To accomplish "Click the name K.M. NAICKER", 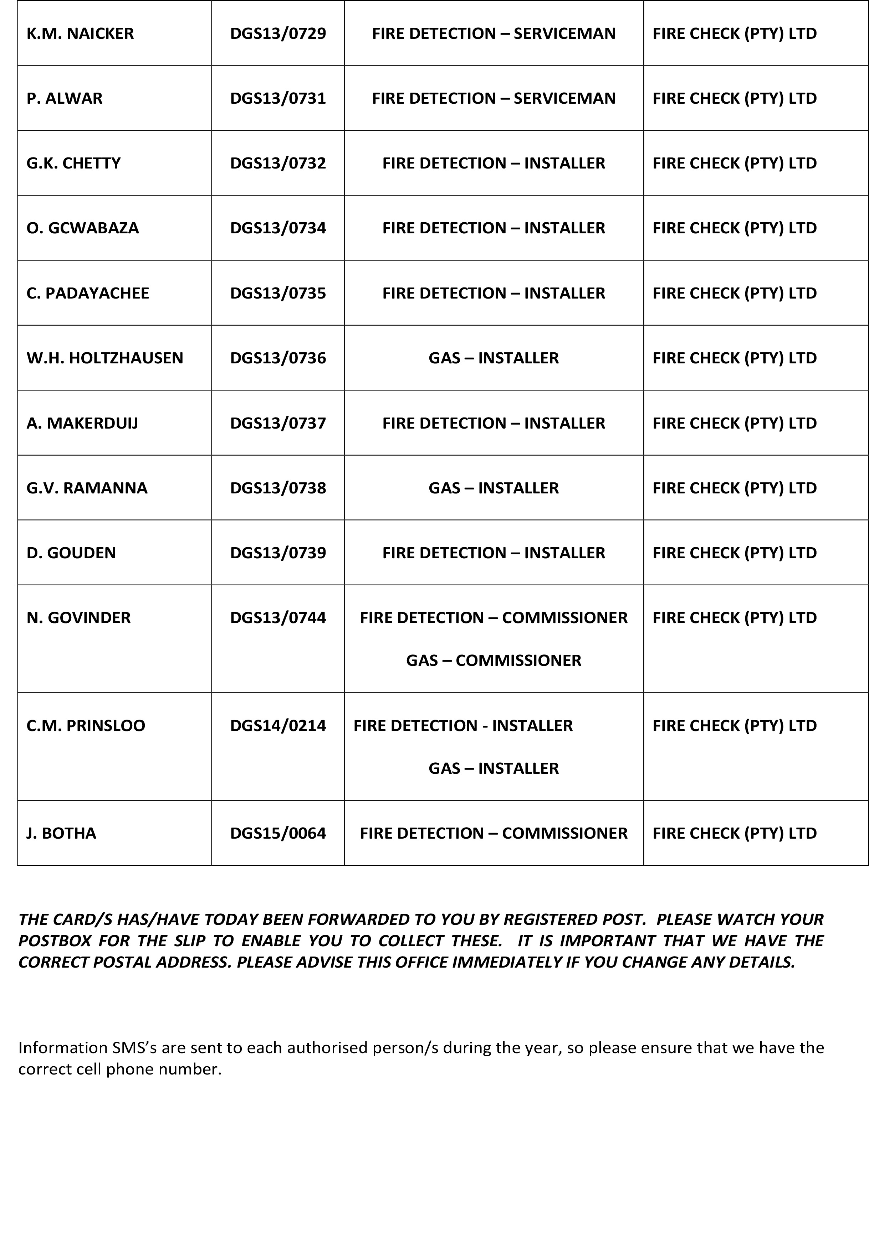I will (x=80, y=33).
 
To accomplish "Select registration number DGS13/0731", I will (x=278, y=98).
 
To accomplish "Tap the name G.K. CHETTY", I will (x=73, y=163).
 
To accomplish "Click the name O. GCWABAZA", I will (x=83, y=228).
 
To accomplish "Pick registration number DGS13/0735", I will (x=278, y=293).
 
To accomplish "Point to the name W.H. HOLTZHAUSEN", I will (x=105, y=358).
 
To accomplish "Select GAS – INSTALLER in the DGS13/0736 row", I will (x=494, y=358).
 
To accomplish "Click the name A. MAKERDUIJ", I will (x=82, y=423).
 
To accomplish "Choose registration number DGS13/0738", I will (x=278, y=488).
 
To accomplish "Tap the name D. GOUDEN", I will (x=71, y=553).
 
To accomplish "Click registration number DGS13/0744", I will (x=278, y=618).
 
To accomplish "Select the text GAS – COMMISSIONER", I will (x=494, y=660).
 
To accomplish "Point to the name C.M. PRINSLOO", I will (x=86, y=726).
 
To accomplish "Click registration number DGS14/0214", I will (x=278, y=726).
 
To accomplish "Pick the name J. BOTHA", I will (x=61, y=833).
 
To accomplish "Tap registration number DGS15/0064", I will (x=278, y=833).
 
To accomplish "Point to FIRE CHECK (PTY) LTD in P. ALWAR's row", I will (x=735, y=98).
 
